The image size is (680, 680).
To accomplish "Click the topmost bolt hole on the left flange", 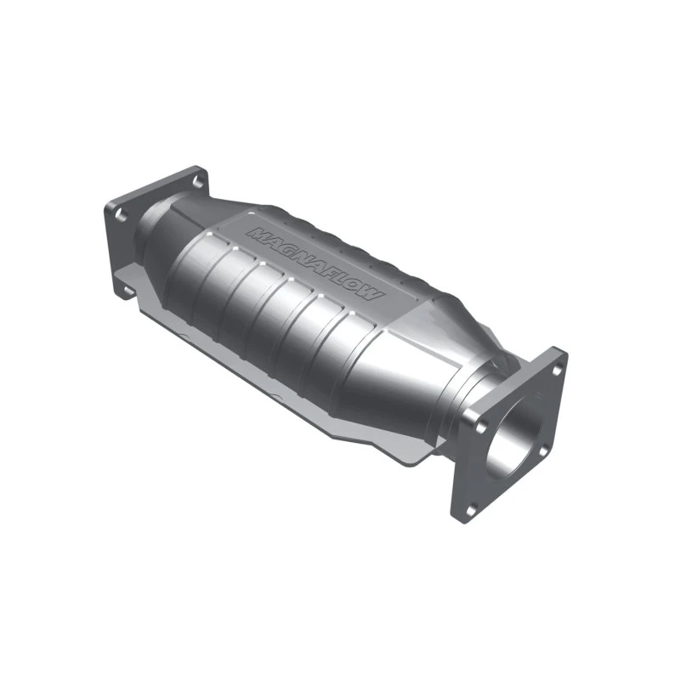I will [197, 181].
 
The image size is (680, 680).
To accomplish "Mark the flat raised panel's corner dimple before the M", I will [238, 218].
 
